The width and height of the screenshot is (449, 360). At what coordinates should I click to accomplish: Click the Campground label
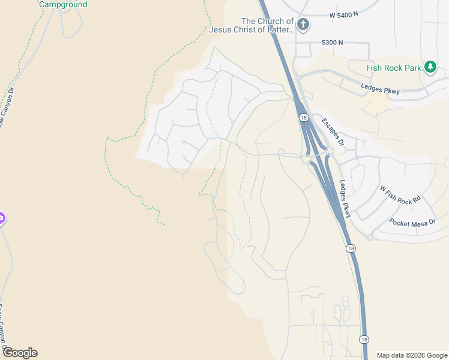(63, 4)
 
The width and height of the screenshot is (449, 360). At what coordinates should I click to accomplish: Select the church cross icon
(303, 25)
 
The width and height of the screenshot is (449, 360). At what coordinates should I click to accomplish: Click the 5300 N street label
(332, 43)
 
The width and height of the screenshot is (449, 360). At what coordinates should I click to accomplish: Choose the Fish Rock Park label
(394, 68)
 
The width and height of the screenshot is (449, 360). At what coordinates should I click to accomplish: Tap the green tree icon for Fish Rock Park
(430, 67)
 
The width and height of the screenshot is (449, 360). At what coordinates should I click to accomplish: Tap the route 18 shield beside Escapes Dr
(304, 118)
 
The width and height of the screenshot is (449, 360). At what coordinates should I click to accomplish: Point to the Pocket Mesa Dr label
(412, 222)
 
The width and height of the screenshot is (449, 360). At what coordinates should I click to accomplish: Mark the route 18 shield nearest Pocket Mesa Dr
(351, 248)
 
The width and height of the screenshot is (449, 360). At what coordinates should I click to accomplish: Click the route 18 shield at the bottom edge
(364, 340)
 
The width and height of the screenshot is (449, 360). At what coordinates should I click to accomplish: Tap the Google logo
(20, 353)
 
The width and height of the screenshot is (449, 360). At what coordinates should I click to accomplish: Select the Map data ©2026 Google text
(411, 355)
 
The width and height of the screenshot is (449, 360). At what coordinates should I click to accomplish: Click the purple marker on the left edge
(2, 218)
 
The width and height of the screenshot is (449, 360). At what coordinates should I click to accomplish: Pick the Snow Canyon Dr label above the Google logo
(4, 327)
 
